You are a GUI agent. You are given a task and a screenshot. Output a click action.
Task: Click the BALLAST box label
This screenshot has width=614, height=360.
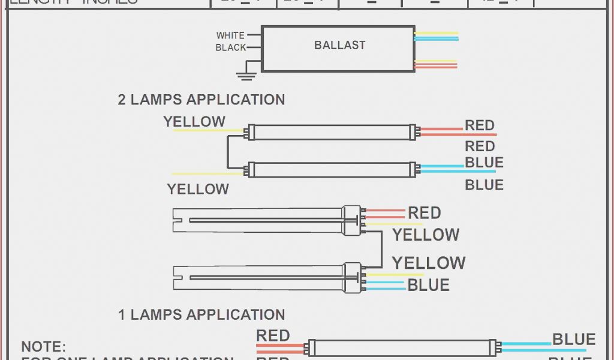click(x=339, y=45)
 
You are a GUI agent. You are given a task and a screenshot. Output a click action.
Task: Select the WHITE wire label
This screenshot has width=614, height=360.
click(x=230, y=35)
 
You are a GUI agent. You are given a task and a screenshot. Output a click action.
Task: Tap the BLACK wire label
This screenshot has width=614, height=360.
click(x=231, y=47)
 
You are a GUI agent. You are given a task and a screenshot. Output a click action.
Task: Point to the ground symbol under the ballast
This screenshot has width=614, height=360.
click(x=244, y=76)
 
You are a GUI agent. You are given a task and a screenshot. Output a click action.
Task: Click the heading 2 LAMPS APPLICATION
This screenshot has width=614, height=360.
click(x=201, y=100)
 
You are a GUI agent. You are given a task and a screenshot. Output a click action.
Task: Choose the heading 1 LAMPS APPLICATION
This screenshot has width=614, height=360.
click(x=201, y=314)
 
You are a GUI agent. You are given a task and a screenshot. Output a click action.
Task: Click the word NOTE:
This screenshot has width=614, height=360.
click(x=43, y=347)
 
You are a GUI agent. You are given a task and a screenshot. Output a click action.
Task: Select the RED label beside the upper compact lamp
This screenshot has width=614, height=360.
click(x=424, y=213)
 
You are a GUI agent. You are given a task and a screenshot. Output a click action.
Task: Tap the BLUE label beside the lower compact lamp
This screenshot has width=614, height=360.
click(x=428, y=285)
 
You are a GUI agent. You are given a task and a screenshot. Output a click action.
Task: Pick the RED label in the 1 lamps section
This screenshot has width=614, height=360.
click(x=273, y=336)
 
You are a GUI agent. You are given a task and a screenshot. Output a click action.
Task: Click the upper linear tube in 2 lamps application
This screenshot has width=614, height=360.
click(x=333, y=132)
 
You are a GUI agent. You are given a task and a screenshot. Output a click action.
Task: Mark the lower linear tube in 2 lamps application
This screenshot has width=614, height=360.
click(x=333, y=170)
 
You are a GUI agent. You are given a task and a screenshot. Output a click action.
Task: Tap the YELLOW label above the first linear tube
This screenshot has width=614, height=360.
click(x=194, y=122)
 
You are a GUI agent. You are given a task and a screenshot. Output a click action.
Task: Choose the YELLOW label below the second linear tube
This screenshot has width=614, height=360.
click(x=198, y=189)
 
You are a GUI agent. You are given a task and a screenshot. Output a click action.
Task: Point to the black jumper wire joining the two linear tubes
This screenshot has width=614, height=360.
click(x=227, y=151)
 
